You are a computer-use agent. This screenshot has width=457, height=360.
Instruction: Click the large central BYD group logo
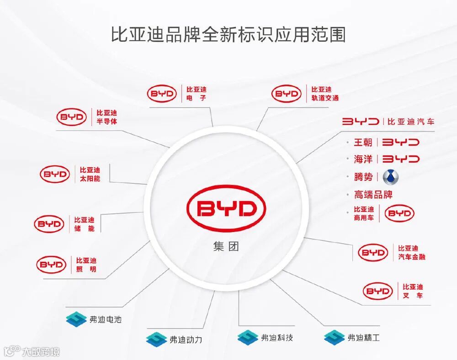pos(226,208)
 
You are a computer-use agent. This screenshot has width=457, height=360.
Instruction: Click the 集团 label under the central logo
pos(226,247)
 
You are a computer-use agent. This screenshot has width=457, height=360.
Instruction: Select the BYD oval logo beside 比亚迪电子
pos(162,94)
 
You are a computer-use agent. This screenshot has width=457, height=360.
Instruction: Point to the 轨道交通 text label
pos(324,98)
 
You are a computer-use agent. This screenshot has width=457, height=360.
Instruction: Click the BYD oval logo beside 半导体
pos(72,117)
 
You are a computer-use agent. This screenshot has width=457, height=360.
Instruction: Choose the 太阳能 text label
pos(90,179)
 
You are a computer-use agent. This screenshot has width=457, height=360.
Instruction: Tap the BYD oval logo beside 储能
pos(49,224)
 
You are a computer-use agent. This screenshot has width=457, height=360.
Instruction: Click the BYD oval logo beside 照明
pos(52,264)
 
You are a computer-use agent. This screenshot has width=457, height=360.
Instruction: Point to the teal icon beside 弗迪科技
pos(248,338)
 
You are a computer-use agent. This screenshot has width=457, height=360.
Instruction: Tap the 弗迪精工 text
pos(363,338)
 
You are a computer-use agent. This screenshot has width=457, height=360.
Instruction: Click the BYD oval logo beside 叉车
pos(378,291)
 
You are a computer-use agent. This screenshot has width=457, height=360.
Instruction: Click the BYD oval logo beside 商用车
pos(399,213)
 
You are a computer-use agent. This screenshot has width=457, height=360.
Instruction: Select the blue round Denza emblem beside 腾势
pos(391,177)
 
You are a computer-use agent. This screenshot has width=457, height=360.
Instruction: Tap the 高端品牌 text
pos(373,195)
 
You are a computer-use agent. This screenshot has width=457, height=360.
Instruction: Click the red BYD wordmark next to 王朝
pos(401,142)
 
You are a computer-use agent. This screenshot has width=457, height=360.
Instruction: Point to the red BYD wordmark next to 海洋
pos(401,159)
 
